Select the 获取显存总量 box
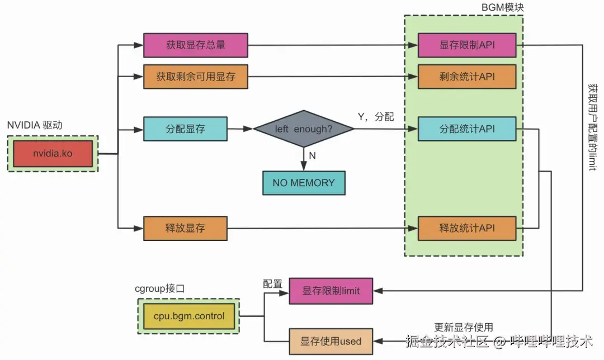(196, 45)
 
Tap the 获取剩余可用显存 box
(196, 77)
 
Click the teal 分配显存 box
(185, 129)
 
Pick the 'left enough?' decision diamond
(304, 129)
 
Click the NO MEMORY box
(304, 183)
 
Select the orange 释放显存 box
(185, 228)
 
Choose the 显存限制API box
(467, 45)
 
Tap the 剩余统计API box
(467, 77)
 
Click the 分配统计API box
(467, 129)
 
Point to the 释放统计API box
(467, 228)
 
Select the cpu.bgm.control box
(189, 316)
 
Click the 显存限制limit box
(331, 291)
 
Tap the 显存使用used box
(331, 342)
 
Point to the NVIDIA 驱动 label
(35, 125)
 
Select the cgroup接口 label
(159, 289)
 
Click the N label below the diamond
(313, 156)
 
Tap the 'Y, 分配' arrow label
(376, 117)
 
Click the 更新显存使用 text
(464, 327)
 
